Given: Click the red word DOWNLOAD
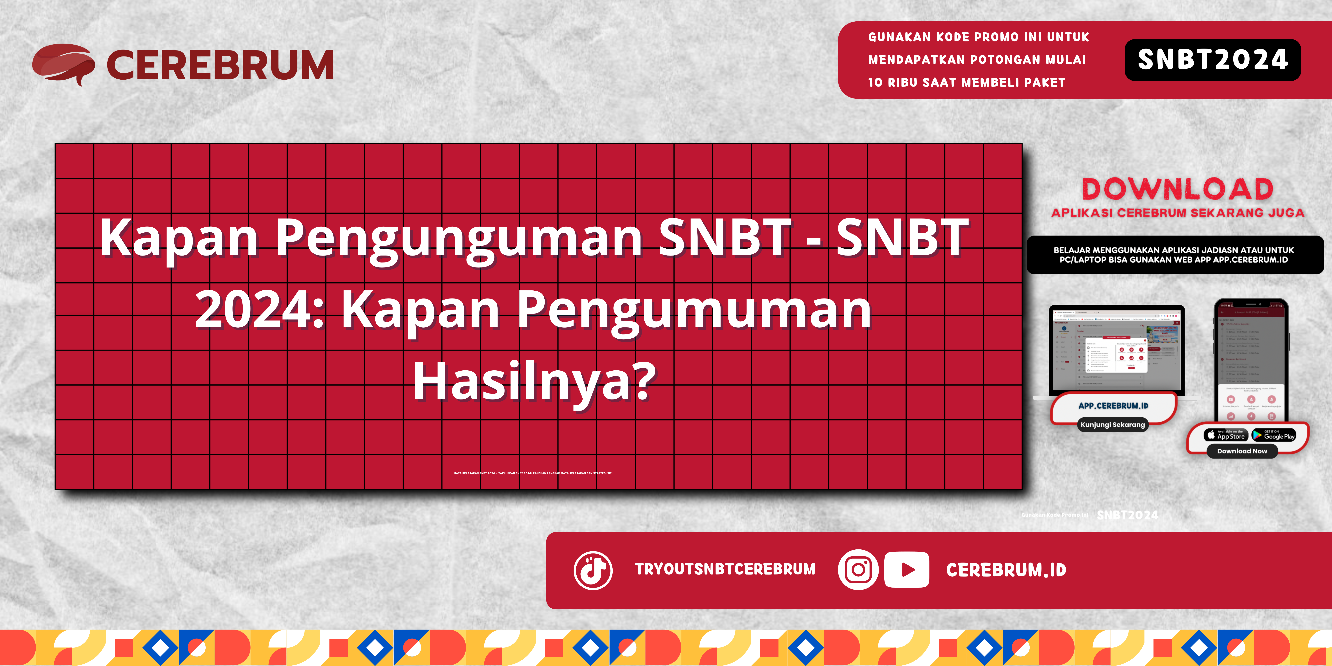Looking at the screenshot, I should click(1177, 189).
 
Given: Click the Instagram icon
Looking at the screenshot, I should click(858, 570).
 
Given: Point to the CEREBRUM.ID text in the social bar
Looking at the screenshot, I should click(1006, 570).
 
